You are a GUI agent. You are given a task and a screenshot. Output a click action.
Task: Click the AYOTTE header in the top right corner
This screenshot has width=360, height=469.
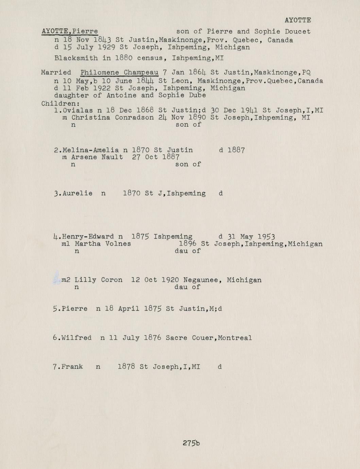[297, 20]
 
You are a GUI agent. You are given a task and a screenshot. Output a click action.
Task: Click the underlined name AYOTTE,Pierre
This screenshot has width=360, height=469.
[70, 31]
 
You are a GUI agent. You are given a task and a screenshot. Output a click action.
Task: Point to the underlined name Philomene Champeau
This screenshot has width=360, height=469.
[119, 72]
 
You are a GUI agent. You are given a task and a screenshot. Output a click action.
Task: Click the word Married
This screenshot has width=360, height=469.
[56, 72]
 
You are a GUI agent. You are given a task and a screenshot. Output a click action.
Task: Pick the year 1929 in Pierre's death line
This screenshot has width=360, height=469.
[104, 47]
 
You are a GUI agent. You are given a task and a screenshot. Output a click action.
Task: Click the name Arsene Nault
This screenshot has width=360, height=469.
[97, 157]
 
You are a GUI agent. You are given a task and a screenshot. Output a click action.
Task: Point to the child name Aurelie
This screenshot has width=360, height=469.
[78, 193]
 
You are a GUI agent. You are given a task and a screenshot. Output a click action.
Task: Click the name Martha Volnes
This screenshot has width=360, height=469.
[103, 244]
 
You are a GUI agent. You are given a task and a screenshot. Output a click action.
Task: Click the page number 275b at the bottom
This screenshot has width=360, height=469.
[191, 443]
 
